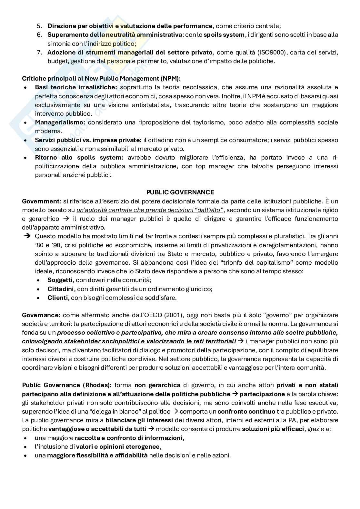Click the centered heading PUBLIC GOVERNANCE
click(180, 192)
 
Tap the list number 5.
click(39, 26)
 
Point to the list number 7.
click(39, 52)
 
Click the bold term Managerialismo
click(60, 122)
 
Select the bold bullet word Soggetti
click(60, 280)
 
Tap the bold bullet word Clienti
click(57, 298)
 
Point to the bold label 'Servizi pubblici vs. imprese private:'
click(88, 140)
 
